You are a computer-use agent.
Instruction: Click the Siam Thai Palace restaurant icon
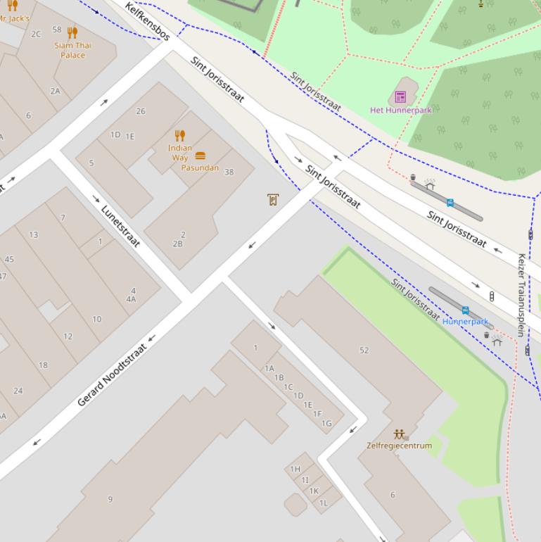pyautogui.click(x=72, y=32)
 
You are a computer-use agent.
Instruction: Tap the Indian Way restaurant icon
pyautogui.click(x=180, y=136)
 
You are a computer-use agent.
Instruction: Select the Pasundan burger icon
pyautogui.click(x=201, y=156)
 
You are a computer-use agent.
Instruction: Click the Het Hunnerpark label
pyautogui.click(x=400, y=110)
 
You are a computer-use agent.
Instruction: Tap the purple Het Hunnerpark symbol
pyautogui.click(x=400, y=96)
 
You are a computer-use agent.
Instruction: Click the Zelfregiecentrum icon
pyautogui.click(x=400, y=434)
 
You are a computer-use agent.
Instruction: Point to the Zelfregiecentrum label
pyautogui.click(x=399, y=446)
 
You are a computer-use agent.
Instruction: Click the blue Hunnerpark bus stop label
pyautogui.click(x=465, y=322)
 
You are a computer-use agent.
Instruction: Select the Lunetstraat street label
pyautogui.click(x=121, y=226)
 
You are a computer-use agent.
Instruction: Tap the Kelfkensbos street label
pyautogui.click(x=148, y=22)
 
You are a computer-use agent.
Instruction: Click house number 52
pyautogui.click(x=364, y=350)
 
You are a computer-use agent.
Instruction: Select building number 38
pyautogui.click(x=229, y=172)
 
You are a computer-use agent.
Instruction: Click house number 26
pyautogui.click(x=141, y=111)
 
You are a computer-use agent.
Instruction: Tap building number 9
pyautogui.click(x=110, y=499)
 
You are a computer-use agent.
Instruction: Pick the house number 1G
pyautogui.click(x=326, y=423)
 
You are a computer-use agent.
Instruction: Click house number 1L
pyautogui.click(x=323, y=503)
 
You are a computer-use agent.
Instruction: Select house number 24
pyautogui.click(x=18, y=391)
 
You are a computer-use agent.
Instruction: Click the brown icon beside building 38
pyautogui.click(x=273, y=200)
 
